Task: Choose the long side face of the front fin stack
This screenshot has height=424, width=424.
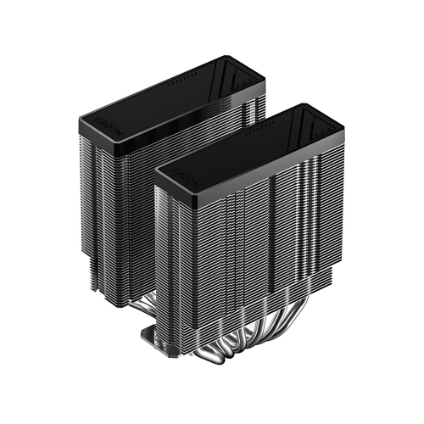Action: click(271, 246)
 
